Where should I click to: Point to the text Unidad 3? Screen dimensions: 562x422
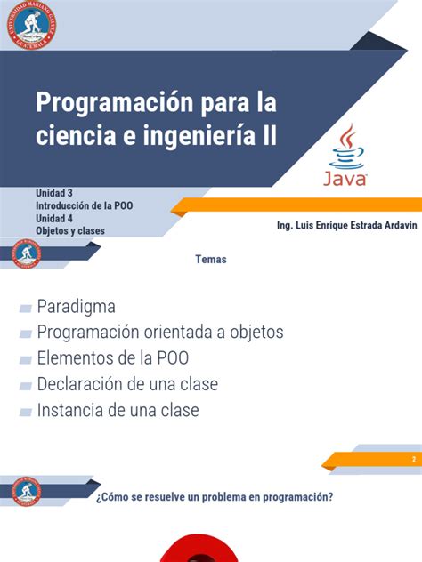(54, 193)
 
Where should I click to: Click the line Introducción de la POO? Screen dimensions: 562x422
(85, 205)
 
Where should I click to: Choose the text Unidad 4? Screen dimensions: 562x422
(54, 218)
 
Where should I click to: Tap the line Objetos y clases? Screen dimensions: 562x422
(70, 230)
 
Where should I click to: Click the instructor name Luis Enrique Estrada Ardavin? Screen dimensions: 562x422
(348, 225)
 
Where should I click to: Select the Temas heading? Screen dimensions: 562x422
(211, 260)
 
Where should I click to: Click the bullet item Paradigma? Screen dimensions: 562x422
(77, 307)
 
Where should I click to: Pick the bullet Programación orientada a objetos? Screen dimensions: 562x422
(160, 333)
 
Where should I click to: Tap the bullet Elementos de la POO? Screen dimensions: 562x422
(113, 358)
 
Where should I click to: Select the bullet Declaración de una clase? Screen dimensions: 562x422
(127, 384)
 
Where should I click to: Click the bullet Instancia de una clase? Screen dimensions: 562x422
(118, 410)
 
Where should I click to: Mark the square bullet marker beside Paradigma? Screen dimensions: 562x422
(26, 308)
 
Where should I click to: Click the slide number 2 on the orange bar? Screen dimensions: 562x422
(414, 459)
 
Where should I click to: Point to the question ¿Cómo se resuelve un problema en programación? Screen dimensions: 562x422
(215, 497)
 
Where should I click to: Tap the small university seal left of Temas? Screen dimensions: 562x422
(26, 253)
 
